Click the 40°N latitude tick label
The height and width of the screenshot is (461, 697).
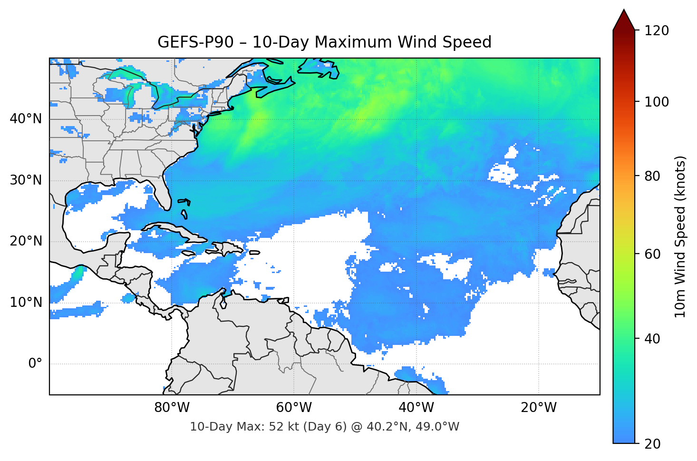(x=26, y=118)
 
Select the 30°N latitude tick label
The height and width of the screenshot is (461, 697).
(x=26, y=180)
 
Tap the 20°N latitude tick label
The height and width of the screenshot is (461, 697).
(x=26, y=241)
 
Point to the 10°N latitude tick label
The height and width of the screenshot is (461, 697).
(x=26, y=303)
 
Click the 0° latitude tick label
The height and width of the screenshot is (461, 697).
(x=35, y=364)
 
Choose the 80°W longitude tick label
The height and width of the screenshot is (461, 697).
(x=172, y=408)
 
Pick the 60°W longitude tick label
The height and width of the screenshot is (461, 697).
(x=294, y=408)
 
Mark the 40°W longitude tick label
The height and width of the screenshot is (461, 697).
(x=416, y=408)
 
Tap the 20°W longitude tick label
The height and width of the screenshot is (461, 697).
(x=539, y=408)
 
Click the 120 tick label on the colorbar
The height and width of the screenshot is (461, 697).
(x=657, y=30)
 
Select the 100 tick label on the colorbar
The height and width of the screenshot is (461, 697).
(x=657, y=102)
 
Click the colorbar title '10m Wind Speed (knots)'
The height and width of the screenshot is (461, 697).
(x=680, y=236)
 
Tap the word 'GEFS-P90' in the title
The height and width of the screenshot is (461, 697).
(x=195, y=42)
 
